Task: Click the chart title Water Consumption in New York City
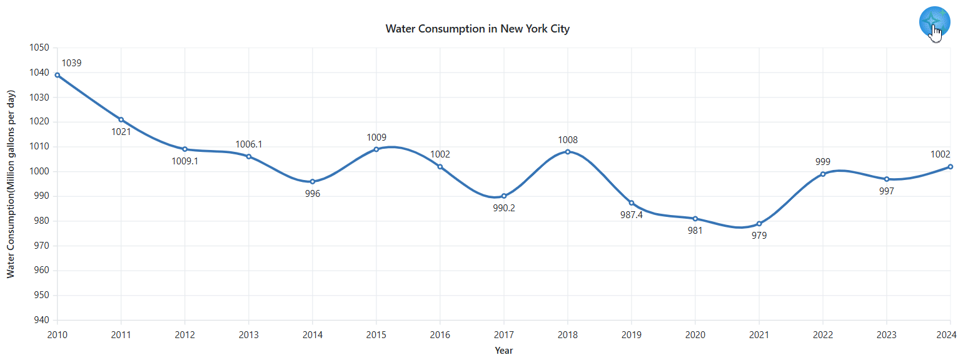(477, 29)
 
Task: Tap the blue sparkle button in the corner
(934, 22)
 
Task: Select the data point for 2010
(58, 75)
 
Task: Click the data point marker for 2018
(568, 152)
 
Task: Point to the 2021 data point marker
(759, 224)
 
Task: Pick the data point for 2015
(376, 149)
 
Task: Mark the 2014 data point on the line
(313, 182)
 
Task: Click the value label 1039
(71, 63)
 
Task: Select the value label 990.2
(504, 208)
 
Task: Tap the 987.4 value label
(632, 215)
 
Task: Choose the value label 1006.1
(249, 144)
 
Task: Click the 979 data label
(759, 236)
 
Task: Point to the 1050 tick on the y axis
(39, 47)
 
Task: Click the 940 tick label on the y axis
(41, 320)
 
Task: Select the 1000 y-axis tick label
(39, 171)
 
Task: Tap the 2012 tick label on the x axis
(185, 335)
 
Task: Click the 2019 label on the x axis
(632, 335)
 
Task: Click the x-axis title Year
(503, 351)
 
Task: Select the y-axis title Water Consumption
(11, 184)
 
